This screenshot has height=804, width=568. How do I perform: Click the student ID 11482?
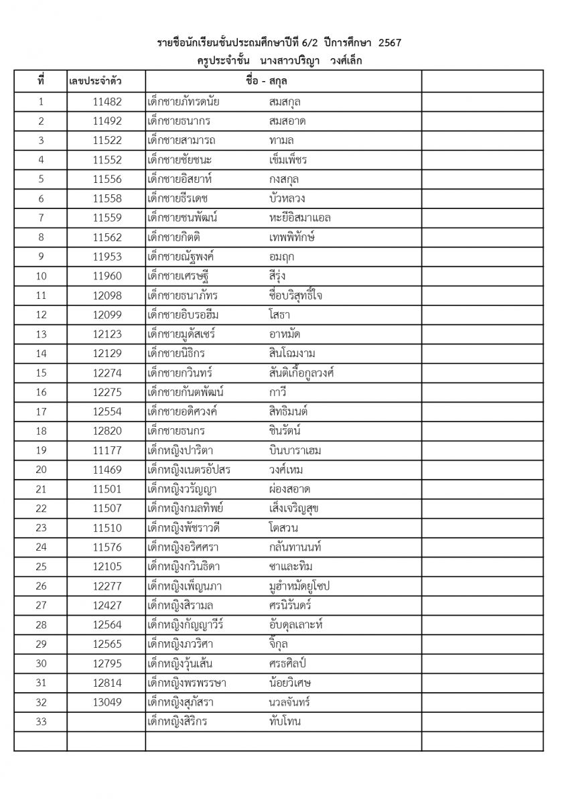107,102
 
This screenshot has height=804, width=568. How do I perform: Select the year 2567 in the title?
390,44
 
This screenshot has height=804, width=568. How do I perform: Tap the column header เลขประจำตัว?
96,82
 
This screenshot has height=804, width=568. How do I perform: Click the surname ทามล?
281,141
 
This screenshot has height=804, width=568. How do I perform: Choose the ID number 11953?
107,257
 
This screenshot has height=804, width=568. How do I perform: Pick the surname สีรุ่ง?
277,276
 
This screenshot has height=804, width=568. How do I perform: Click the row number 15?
41,373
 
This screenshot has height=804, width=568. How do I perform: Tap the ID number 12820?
107,431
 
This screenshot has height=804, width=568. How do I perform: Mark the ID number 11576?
107,547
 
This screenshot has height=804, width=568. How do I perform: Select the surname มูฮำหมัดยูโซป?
299,586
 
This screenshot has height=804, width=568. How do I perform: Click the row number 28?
41,625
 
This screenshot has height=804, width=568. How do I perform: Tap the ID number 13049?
107,703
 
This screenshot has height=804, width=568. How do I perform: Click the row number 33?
41,722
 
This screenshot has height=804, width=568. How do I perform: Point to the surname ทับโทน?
284,722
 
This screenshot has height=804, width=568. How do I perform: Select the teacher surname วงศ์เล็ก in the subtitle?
346,62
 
